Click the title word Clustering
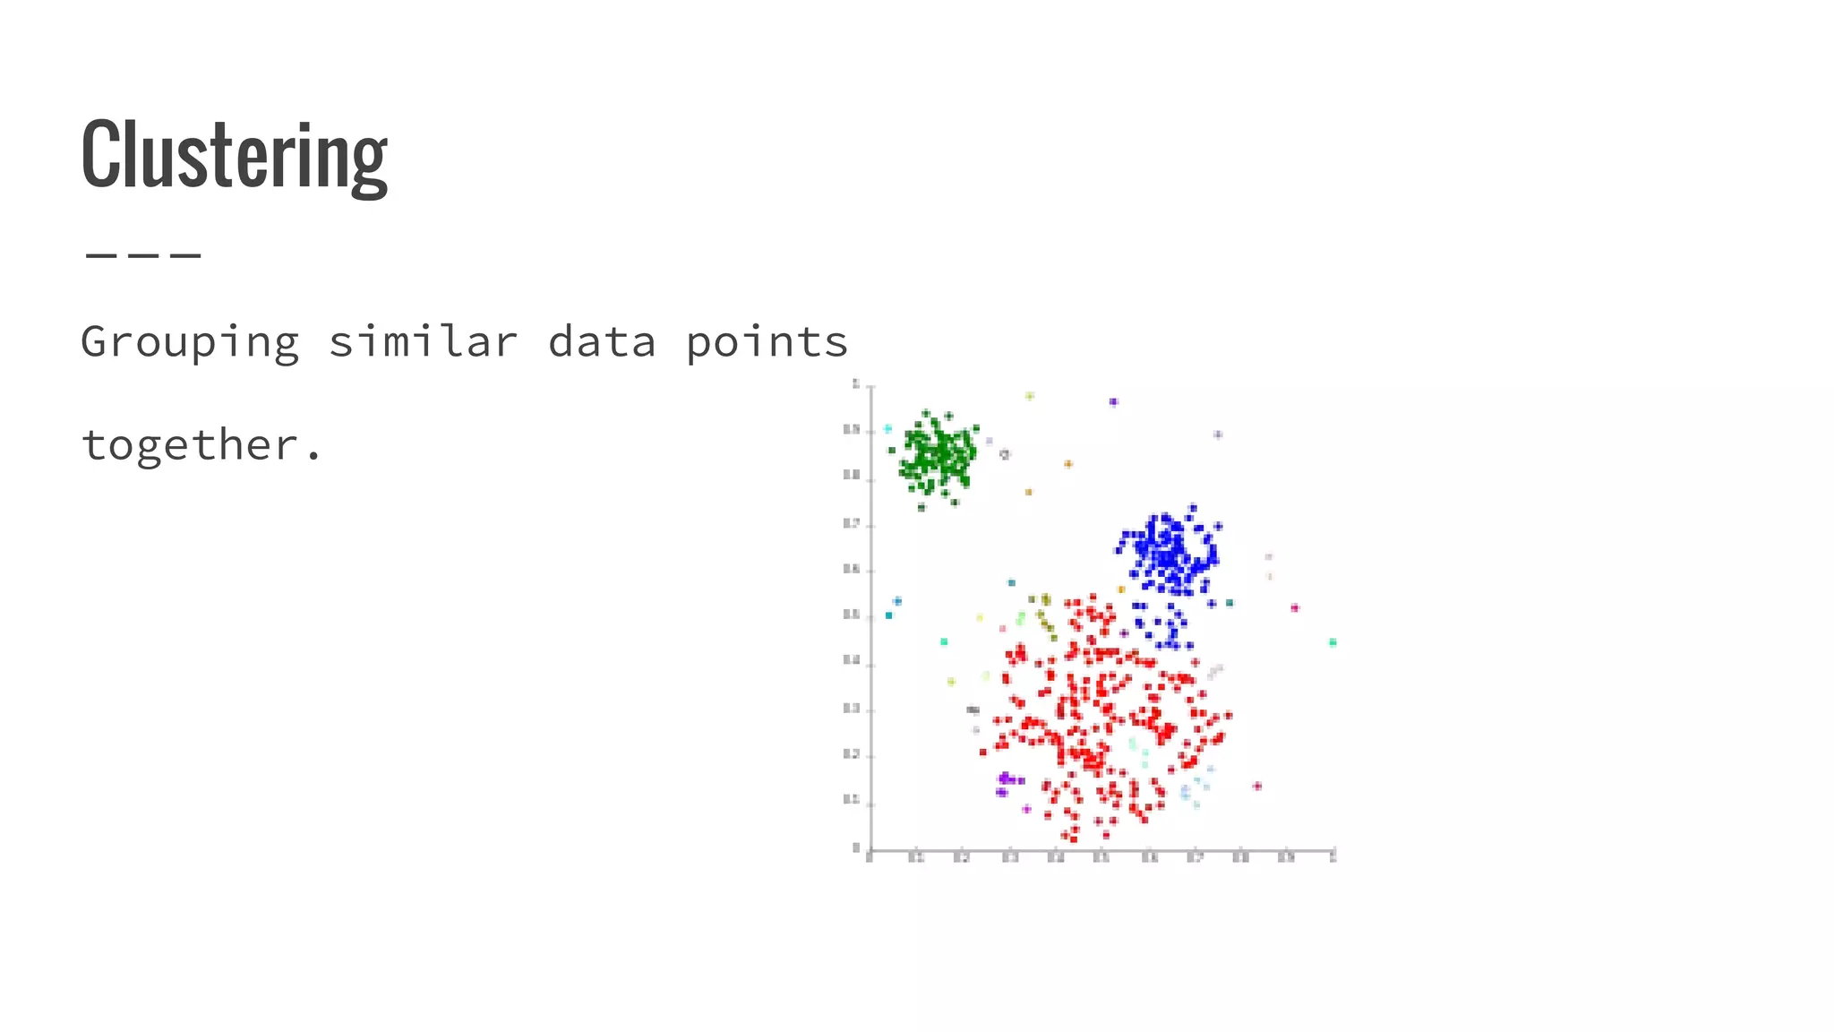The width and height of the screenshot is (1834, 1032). pos(235,154)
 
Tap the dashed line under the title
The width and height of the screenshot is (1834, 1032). pos(143,255)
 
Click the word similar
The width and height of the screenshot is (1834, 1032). pos(423,342)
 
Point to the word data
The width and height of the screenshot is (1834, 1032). pos(602,342)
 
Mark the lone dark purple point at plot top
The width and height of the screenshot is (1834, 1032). pos(1113,402)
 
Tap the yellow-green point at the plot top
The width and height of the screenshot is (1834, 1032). pos(1030,396)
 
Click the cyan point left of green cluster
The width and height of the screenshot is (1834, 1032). pos(887,429)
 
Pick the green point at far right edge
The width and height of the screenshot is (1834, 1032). pos(1333,642)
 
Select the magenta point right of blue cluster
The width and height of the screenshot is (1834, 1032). pos(1295,608)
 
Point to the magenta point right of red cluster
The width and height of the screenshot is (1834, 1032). pos(1257,787)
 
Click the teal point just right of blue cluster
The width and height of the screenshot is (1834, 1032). pos(1230,603)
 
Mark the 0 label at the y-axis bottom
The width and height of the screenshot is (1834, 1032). pos(856,847)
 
